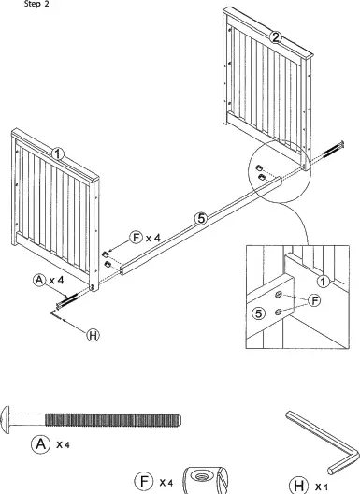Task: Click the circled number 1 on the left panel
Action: (x=57, y=153)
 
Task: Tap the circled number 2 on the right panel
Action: (x=275, y=37)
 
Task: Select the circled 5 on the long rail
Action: (x=199, y=218)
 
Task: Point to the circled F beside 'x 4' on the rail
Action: (x=137, y=238)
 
